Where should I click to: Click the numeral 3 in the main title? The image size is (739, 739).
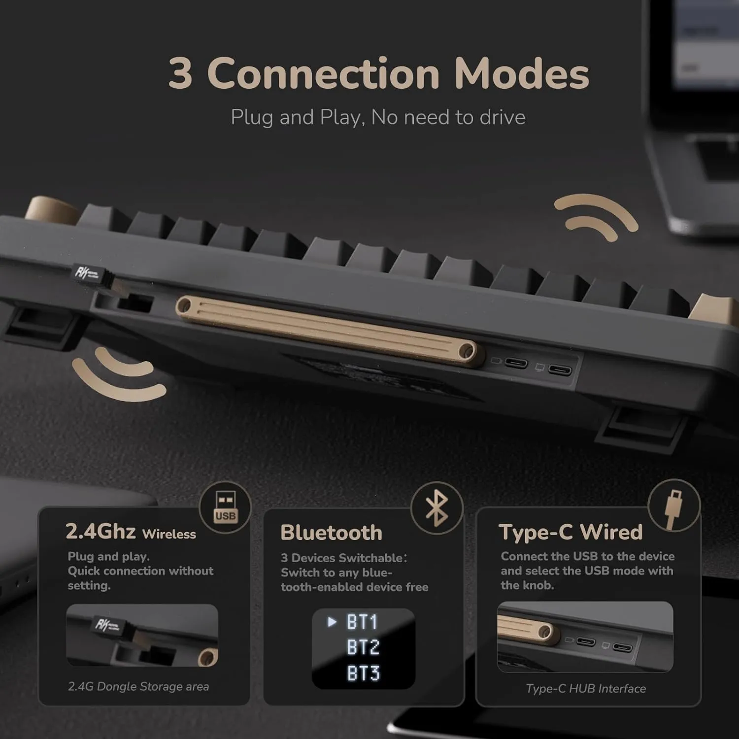(x=180, y=74)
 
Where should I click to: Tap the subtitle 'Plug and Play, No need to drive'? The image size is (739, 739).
(x=378, y=117)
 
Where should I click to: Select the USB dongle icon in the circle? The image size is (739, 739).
(x=225, y=507)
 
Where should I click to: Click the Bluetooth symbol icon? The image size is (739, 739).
(x=437, y=508)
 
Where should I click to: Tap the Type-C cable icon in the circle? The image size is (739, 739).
(x=673, y=506)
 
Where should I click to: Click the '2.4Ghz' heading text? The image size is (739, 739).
(x=101, y=532)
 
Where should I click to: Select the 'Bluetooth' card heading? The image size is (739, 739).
(x=331, y=533)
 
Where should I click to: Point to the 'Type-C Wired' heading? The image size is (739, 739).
(x=571, y=532)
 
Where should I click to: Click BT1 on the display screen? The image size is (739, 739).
(x=362, y=622)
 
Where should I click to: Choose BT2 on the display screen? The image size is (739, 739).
(x=363, y=647)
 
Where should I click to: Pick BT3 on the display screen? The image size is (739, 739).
(x=363, y=673)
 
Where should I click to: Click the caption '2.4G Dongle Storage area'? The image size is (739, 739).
(x=138, y=686)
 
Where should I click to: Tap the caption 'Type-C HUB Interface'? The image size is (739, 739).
(x=585, y=688)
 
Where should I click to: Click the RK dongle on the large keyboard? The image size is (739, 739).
(x=94, y=274)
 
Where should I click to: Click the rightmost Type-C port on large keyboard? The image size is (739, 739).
(x=560, y=369)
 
